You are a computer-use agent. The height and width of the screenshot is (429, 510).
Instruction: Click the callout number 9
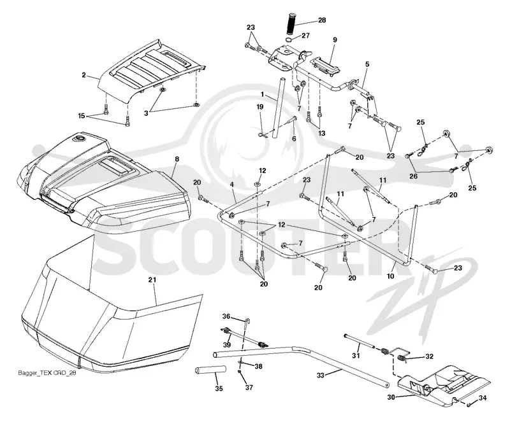(335, 40)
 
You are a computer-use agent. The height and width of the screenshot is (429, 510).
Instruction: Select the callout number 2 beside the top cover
(84, 75)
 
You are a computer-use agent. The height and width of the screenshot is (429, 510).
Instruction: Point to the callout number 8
(177, 159)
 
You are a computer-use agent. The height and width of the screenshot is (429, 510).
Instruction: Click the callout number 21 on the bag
(152, 279)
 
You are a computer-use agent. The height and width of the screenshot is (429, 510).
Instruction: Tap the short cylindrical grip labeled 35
(210, 370)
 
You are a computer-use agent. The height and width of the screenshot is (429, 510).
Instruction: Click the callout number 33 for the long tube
(321, 375)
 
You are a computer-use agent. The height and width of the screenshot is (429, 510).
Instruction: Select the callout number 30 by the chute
(391, 397)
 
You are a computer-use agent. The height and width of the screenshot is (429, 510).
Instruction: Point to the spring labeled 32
(402, 358)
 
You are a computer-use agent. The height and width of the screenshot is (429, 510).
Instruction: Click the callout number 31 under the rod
(356, 356)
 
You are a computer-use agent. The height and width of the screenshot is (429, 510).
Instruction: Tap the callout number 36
(226, 316)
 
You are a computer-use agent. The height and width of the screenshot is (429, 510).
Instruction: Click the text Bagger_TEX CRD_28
(47, 373)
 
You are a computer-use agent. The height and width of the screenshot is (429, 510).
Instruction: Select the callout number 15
(82, 116)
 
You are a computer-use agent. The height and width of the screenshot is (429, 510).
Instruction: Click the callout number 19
(260, 107)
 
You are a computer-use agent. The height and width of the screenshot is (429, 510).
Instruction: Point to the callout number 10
(390, 276)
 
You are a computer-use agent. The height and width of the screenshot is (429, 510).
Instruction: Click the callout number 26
(413, 176)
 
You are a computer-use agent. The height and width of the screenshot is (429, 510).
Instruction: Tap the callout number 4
(232, 185)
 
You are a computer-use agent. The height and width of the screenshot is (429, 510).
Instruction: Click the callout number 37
(249, 388)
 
